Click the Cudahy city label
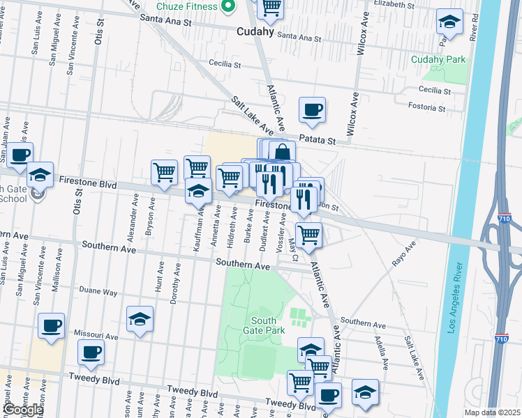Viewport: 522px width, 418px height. click(255, 31)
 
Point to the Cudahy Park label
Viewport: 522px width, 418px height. click(438, 59)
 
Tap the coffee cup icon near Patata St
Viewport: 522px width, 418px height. click(312, 110)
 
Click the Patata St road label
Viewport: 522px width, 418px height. click(318, 140)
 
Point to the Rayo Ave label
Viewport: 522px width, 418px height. click(403, 254)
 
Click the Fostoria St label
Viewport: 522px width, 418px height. click(429, 108)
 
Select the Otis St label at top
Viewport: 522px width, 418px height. click(99, 30)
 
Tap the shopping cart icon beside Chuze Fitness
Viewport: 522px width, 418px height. click(270, 8)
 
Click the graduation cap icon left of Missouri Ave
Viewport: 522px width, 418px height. click(140, 320)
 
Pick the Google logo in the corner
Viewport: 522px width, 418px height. click(23, 410)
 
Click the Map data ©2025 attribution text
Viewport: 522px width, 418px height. click(492, 412)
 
